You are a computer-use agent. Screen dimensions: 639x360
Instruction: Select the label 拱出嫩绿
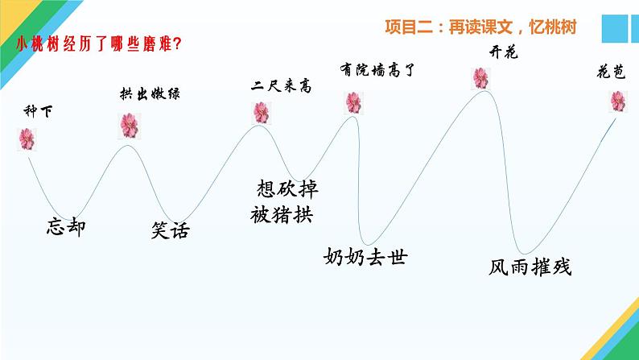[x=142, y=94]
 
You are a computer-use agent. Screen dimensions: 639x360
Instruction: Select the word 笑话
[x=171, y=230]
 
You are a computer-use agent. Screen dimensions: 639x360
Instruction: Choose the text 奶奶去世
[x=365, y=257]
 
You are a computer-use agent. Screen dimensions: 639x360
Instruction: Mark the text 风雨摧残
[x=530, y=267]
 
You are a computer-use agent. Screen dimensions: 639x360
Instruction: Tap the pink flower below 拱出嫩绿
[x=129, y=125]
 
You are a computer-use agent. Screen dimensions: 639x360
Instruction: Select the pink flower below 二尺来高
[x=261, y=112]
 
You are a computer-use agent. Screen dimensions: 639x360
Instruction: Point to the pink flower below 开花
[x=480, y=77]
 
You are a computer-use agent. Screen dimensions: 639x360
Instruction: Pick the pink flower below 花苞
[x=618, y=101]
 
